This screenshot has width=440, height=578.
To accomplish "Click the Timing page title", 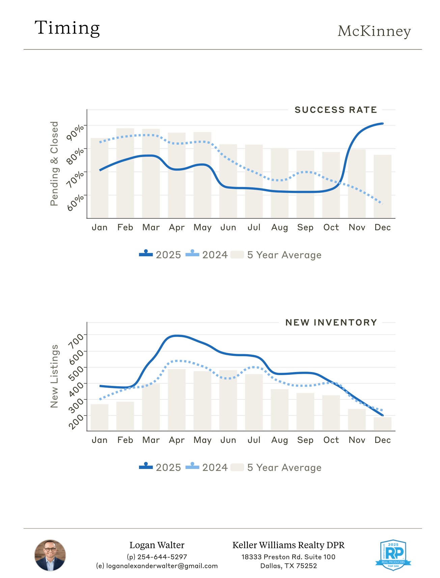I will [x=67, y=28].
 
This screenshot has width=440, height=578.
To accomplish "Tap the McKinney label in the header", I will [x=374, y=31].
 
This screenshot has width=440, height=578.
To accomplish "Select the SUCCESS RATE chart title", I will [x=336, y=110].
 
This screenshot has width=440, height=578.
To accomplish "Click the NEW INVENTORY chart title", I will [x=331, y=322].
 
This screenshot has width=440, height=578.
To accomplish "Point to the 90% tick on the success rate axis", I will [x=75, y=132].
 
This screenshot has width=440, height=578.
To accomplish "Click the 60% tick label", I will [x=75, y=202].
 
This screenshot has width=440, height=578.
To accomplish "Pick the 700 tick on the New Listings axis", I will [x=76, y=341].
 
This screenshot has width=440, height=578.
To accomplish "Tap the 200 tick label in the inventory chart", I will [x=76, y=421].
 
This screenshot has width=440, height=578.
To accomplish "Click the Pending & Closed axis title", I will [x=54, y=164].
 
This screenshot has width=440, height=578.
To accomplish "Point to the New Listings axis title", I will [x=54, y=376].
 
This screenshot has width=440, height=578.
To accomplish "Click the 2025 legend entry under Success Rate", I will [x=160, y=255].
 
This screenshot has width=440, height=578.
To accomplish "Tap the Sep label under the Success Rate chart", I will [x=305, y=228].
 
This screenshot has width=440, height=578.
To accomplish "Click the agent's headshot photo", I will [x=50, y=555].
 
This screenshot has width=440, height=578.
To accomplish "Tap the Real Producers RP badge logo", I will [x=393, y=555].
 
